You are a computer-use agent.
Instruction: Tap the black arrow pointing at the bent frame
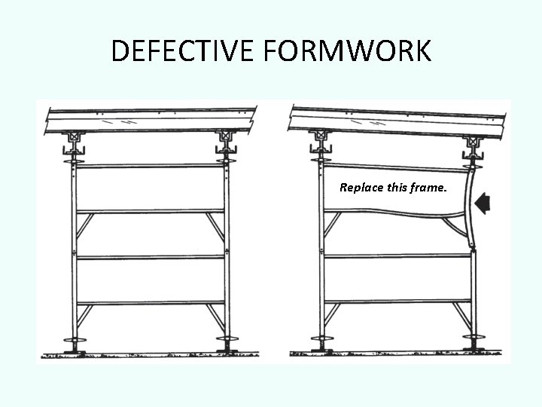pyautogui.click(x=483, y=202)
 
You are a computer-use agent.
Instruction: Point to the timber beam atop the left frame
pyautogui.click(x=151, y=120)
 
